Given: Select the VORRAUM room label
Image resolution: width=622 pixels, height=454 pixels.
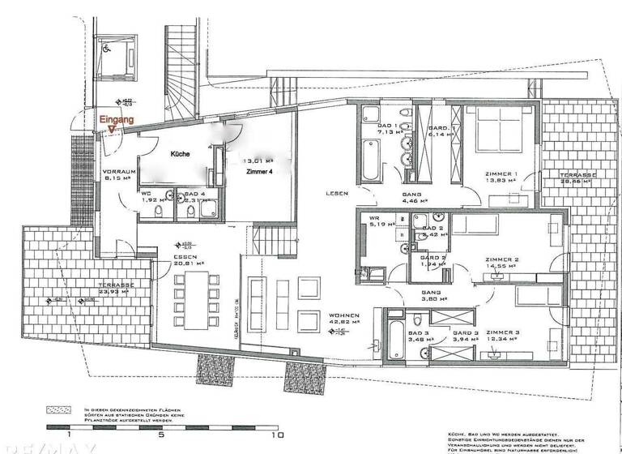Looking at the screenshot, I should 117,173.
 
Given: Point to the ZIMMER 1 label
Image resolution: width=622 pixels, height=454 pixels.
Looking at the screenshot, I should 501,173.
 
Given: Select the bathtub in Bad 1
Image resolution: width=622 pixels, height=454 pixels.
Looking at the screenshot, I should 369,154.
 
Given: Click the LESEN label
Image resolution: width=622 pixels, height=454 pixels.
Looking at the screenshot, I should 337,194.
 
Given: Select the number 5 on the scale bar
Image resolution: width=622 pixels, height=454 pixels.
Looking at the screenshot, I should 163,435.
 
